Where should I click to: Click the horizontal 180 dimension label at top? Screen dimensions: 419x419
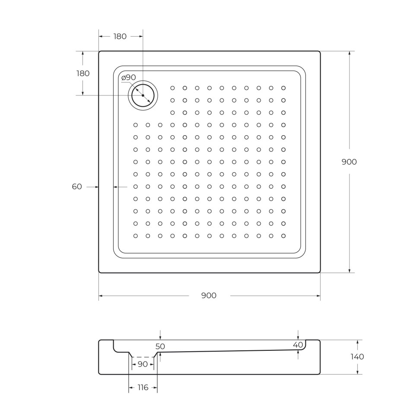coord(120,37)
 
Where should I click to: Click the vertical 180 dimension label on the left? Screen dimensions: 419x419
coord(83,73)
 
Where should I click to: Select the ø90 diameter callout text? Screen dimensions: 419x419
coord(129,78)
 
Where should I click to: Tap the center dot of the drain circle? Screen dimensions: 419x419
coord(143,95)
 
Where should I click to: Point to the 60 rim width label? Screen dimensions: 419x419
coord(77,187)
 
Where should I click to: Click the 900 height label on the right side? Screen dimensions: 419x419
coord(349,162)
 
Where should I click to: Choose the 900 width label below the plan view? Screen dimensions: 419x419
coord(209,296)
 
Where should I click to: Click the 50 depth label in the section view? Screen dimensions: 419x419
coord(160,346)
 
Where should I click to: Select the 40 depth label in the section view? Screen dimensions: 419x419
coord(298,345)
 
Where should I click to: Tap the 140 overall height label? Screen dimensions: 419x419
coord(357,357)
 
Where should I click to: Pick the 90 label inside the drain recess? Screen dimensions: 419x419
coord(143,365)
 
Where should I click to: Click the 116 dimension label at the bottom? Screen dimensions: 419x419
coord(143,387)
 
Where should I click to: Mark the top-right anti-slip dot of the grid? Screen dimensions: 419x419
coord(283,88)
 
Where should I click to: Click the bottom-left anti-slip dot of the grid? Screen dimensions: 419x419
coord(136,236)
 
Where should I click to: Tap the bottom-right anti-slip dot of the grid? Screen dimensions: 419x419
coord(283,236)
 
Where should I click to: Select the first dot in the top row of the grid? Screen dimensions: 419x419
coord(172,88)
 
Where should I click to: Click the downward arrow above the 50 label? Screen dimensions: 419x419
coord(160,337)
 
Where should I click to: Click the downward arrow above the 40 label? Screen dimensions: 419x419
coord(298,337)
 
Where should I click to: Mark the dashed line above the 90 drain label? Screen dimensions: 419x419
coord(143,357)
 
